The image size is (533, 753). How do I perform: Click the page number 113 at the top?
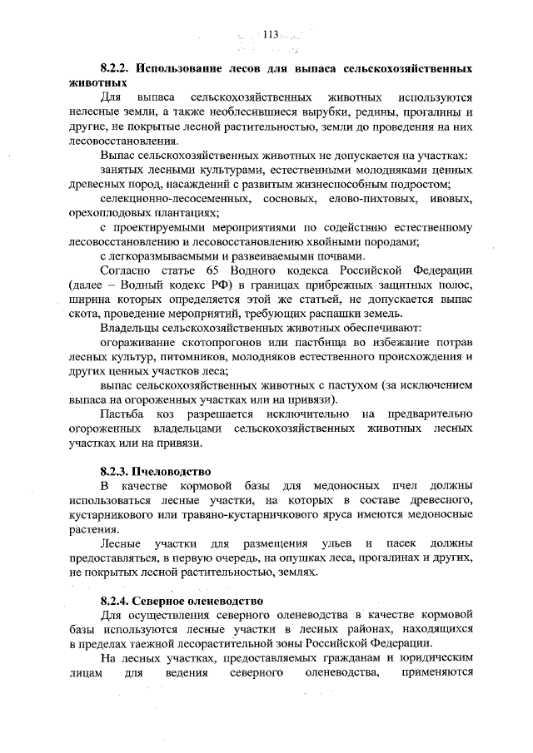coord(270,34)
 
